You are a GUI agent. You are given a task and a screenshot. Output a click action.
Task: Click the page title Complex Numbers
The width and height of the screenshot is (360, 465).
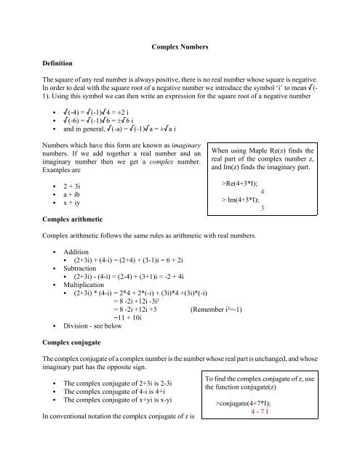180,47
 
